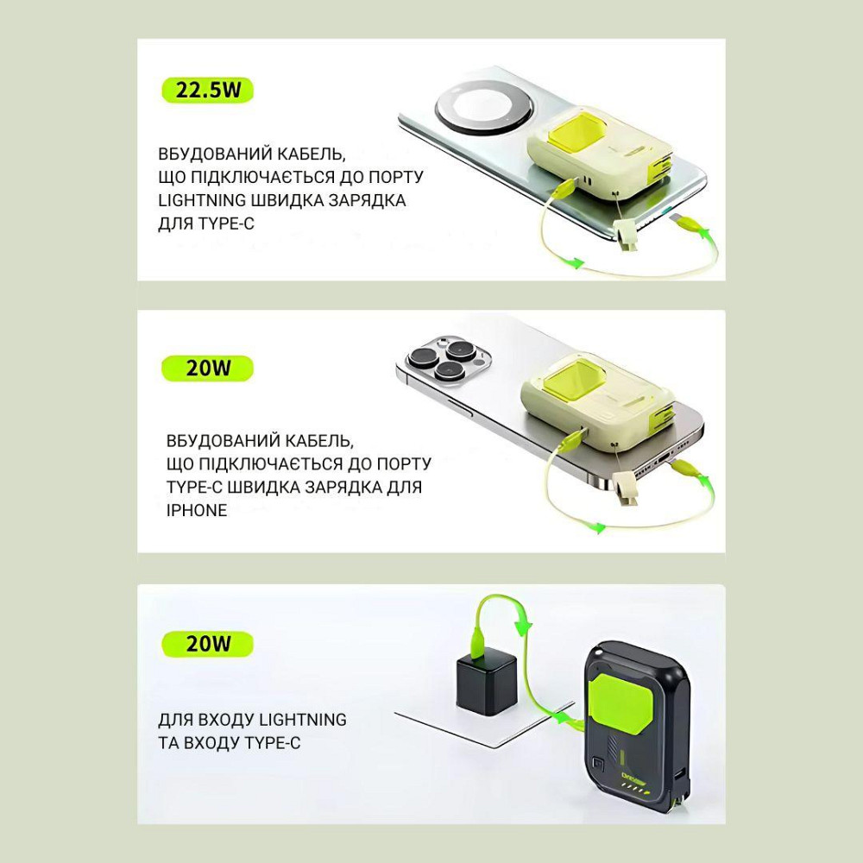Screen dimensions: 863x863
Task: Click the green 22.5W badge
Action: (x=207, y=91)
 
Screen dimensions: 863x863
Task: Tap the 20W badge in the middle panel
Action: (x=207, y=368)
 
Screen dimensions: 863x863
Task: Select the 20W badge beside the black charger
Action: (x=207, y=644)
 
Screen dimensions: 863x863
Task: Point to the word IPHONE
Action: (x=197, y=510)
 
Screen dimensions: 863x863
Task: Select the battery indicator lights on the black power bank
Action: (x=637, y=789)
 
